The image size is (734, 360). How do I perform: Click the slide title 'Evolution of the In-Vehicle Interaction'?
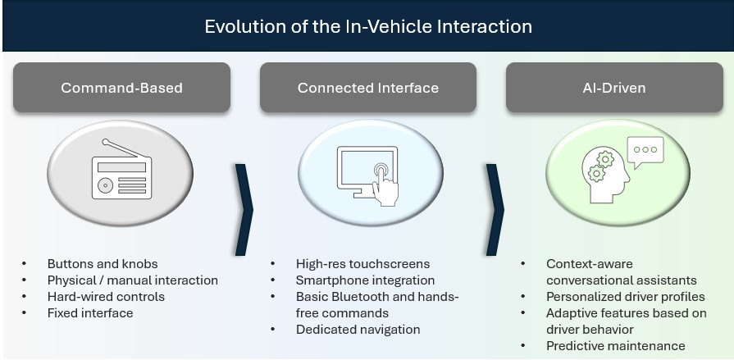[367, 26]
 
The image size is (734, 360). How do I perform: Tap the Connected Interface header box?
[367, 88]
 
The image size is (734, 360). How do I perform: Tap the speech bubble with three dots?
[645, 151]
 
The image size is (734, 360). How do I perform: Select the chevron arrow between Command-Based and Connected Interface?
[244, 210]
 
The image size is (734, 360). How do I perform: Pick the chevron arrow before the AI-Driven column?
[495, 210]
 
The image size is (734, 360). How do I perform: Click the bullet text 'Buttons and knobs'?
[103, 264]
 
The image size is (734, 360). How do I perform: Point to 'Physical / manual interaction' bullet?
[133, 280]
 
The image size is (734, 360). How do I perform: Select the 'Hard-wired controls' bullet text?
[106, 297]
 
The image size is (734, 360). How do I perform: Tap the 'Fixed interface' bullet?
[90, 313]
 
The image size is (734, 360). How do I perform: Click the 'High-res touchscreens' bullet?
[362, 264]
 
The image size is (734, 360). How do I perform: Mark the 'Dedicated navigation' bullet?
[358, 330]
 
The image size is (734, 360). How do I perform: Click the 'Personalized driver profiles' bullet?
[625, 297]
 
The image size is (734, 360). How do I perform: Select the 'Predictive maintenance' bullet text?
[615, 346]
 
